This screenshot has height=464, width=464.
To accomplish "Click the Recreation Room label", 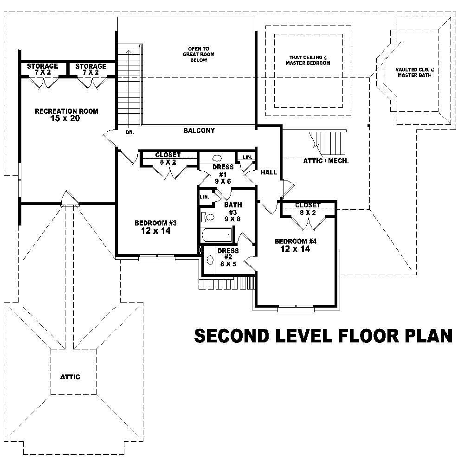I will pos(66,111).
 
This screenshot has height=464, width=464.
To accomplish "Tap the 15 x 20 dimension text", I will pos(66,119).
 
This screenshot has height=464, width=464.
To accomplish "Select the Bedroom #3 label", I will pos(155,223).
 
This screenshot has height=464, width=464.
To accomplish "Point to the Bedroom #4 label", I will pos(295,241).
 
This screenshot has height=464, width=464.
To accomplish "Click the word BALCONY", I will pos(199,131).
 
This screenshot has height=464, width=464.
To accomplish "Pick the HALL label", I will pos(269,172).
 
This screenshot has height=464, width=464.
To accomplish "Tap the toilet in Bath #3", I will pos(208,217).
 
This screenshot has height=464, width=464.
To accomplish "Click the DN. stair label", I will pos(129,132).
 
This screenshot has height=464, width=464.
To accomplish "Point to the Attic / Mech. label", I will pos(326,161).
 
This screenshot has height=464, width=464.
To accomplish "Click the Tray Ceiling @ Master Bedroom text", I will pos(308,60).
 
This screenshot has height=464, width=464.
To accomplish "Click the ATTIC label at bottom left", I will pos(70,377).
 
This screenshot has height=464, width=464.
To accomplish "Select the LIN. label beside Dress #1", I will pos(247,157).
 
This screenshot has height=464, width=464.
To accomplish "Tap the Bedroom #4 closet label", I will pos(308,205).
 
